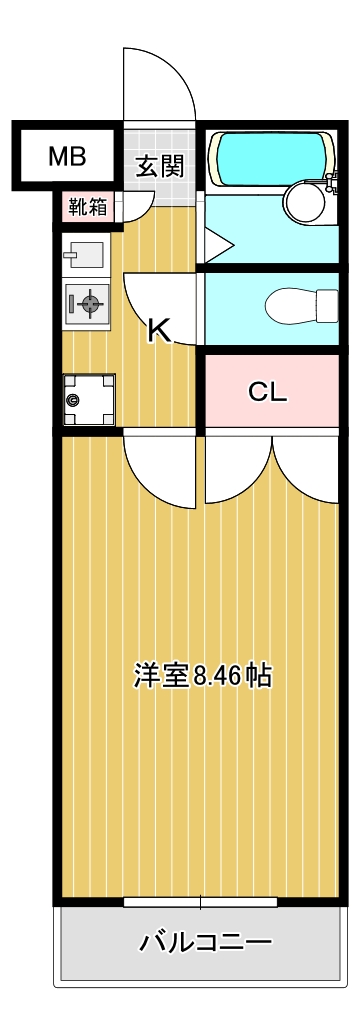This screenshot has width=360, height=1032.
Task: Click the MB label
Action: click(67, 156)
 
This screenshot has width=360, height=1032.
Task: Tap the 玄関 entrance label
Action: click(160, 166)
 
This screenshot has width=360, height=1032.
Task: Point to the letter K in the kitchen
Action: click(158, 330)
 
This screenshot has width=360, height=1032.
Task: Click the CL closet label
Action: click(267, 391)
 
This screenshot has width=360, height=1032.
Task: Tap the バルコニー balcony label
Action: click(205, 941)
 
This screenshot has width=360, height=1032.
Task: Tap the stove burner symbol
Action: click(89, 303)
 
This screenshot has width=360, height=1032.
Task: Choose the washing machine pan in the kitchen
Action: click(88, 398)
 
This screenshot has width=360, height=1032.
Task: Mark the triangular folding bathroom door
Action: click(217, 243)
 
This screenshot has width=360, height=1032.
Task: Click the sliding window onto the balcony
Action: click(200, 901)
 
